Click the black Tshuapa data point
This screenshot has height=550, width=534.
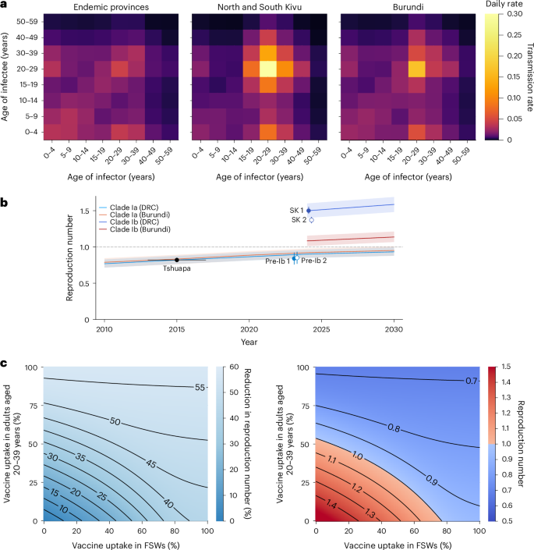pyautogui.click(x=177, y=260)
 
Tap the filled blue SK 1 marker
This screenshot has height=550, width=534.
pyautogui.click(x=309, y=211)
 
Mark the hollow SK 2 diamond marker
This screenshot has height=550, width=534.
pyautogui.click(x=311, y=220)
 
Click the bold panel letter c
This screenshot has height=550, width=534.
pyautogui.click(x=5, y=363)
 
